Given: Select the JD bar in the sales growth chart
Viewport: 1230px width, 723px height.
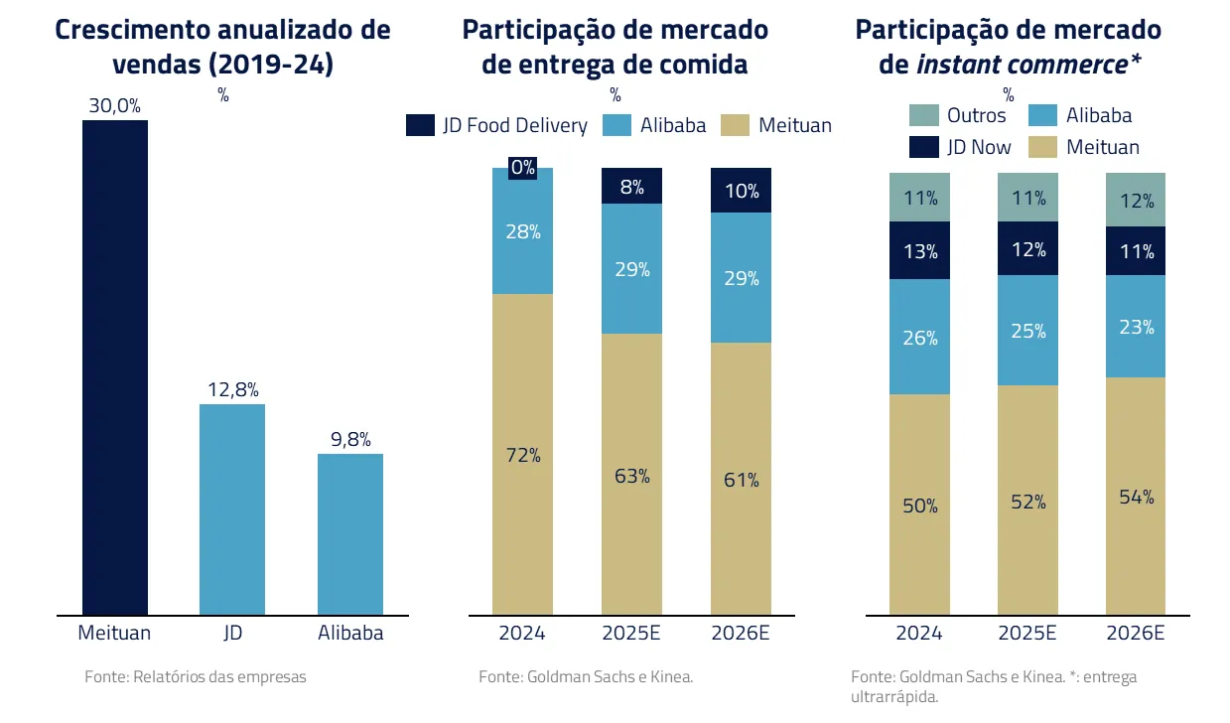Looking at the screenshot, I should tap(232, 509).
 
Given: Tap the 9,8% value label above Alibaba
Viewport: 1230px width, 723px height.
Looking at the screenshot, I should tap(350, 438).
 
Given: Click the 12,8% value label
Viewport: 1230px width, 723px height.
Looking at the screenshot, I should tap(233, 389).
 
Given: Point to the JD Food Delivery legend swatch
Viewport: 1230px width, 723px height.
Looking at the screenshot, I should tap(420, 125).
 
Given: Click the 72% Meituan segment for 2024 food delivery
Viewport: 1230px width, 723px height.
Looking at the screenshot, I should tap(523, 455).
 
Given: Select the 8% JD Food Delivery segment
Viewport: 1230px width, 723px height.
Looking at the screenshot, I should tap(632, 187).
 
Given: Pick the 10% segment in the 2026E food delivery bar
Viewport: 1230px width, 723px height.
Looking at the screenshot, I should tap(741, 191).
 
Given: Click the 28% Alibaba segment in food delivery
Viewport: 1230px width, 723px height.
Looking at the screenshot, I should tap(523, 232).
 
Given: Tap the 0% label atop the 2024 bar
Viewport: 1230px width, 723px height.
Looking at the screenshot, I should tap(523, 167).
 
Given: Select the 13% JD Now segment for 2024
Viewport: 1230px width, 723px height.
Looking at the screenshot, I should tap(920, 251).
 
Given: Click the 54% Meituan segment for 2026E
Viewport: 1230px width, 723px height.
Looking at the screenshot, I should tap(1136, 497).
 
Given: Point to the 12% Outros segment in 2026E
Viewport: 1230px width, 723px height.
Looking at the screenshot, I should tap(1136, 200).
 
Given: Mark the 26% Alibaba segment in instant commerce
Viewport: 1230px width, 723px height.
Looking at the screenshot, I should tap(920, 338).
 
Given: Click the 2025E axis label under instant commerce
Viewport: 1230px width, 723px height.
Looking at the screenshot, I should tap(1028, 633).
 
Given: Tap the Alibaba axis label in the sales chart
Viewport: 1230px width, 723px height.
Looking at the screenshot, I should tap(350, 633).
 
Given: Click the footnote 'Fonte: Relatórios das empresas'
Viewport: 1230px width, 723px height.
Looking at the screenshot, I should tap(196, 677).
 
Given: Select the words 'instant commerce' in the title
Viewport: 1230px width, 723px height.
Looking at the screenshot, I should tap(1021, 65).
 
